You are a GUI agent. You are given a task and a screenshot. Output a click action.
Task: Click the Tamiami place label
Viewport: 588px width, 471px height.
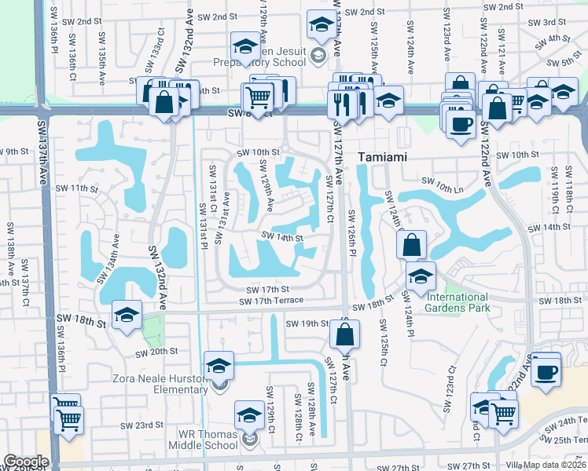tap(381, 157)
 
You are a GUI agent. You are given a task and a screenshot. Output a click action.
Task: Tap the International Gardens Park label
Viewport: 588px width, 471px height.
tap(457, 302)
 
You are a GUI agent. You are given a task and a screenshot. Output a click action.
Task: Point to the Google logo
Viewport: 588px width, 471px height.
tap(25, 462)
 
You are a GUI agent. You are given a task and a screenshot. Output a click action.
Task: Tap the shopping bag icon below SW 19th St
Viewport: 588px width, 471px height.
tap(344, 335)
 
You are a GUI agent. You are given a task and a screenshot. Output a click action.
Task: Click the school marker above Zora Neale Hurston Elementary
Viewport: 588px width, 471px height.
tap(219, 366)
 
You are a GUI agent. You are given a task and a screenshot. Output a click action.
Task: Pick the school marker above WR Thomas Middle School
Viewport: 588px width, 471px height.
tap(250, 415)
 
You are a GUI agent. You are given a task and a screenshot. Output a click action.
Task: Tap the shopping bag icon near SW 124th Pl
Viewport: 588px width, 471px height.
tap(411, 246)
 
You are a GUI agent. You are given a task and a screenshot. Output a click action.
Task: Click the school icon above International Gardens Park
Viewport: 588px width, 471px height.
tap(421, 276)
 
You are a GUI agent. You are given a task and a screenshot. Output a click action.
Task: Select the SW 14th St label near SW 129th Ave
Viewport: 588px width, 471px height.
tap(282, 236)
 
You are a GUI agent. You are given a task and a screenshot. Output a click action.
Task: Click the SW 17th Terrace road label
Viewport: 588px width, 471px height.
tap(271, 301)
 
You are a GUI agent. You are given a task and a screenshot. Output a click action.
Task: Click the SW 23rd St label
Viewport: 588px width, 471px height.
tap(141, 425)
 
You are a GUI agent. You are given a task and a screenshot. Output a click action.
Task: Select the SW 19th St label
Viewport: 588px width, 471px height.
tap(306, 323)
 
